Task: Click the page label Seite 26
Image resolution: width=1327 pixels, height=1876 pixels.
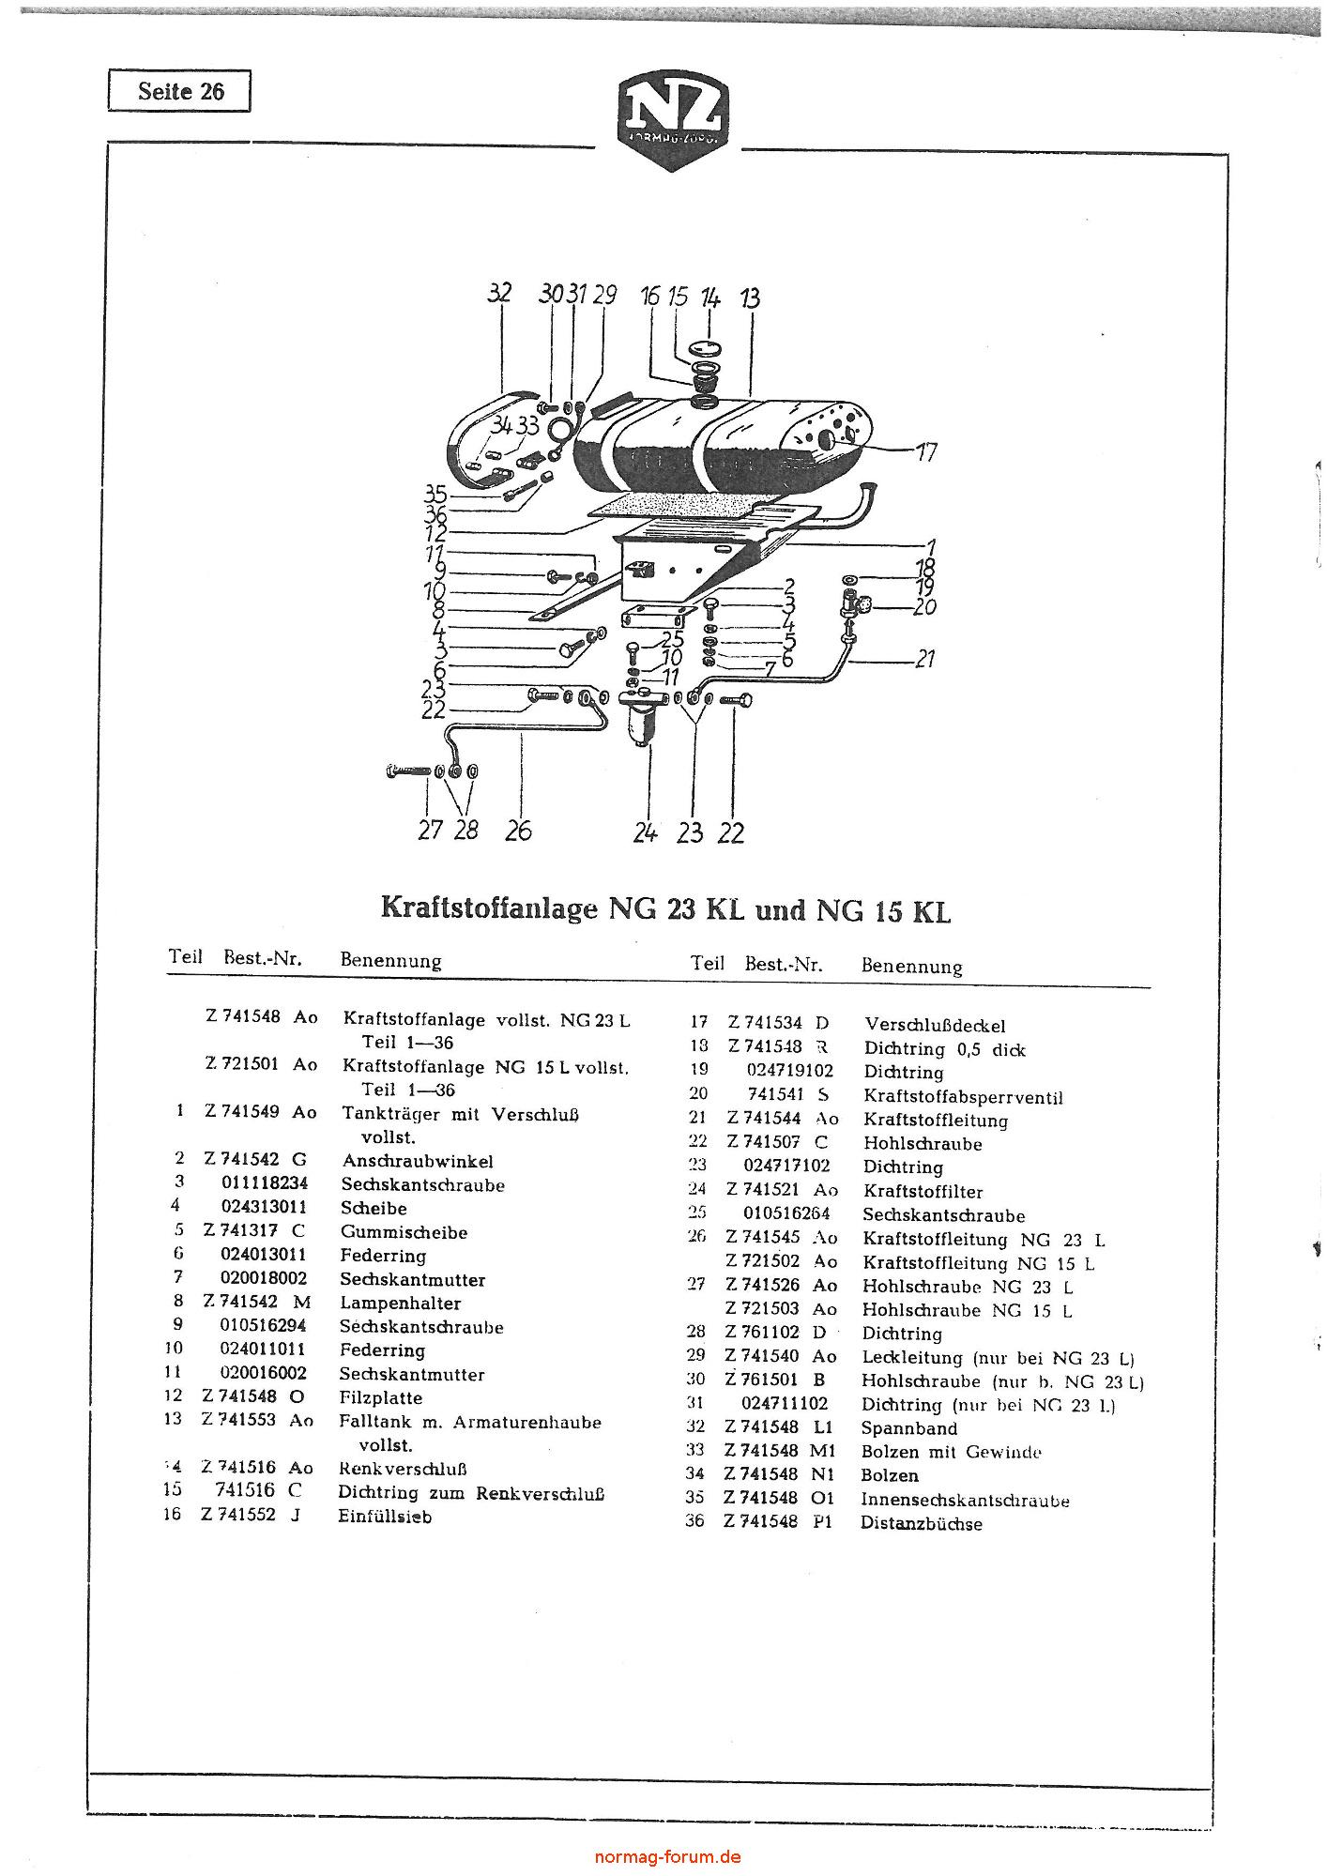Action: pos(180,91)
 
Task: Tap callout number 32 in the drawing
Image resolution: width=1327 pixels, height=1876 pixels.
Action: pos(500,293)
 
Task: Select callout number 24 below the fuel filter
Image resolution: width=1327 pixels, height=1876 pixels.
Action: pos(645,832)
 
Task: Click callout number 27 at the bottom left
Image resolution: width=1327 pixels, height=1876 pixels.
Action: pos(430,831)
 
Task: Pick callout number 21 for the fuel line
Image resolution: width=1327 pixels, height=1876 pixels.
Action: pos(925,660)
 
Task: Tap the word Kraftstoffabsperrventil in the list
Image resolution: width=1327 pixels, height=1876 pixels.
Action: pos(963,1097)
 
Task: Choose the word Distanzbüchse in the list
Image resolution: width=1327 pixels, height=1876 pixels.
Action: pos(922,1524)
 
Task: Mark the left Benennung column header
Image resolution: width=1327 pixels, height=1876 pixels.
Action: pos(390,960)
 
